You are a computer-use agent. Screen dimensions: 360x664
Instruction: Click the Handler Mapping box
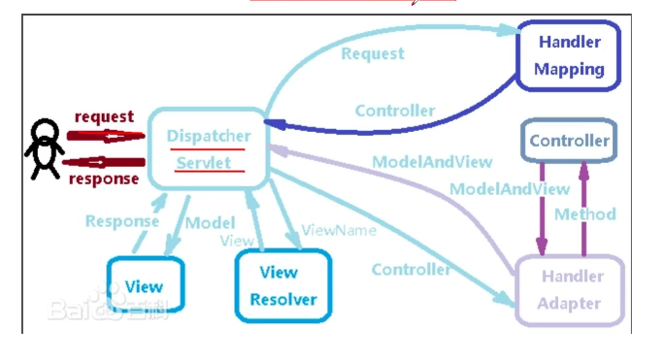tap(569, 55)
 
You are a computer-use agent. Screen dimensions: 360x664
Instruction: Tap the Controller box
tap(569, 142)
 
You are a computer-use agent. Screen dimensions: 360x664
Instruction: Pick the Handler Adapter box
tap(572, 289)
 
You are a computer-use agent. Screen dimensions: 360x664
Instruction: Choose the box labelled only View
tap(145, 287)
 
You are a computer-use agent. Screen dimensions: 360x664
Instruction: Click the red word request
tap(104, 117)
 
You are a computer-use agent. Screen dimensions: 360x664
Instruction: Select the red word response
tap(104, 179)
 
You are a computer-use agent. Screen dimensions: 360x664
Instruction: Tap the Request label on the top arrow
tap(372, 53)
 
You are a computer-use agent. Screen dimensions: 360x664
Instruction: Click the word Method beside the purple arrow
tap(584, 213)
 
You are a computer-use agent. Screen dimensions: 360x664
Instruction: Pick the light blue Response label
tap(121, 220)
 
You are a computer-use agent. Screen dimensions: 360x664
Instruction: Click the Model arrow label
tap(210, 222)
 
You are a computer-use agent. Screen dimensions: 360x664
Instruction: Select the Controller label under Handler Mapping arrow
tap(395, 111)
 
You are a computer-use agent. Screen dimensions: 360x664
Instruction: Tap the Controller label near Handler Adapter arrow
tap(411, 269)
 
